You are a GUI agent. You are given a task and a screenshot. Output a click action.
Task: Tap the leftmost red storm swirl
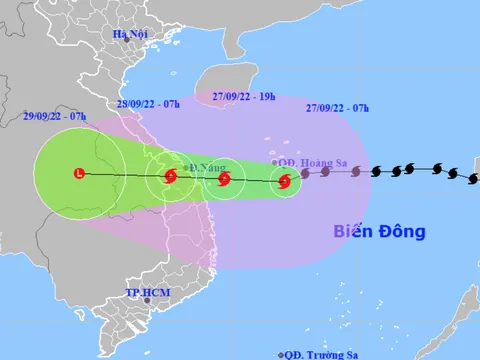click(168, 178)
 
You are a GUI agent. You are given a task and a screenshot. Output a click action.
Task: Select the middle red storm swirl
click(224, 180)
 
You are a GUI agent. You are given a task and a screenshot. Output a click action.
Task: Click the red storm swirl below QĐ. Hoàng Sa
click(284, 182)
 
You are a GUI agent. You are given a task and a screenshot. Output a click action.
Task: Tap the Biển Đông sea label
click(379, 232)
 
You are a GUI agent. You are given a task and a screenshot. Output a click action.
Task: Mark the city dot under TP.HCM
click(140, 305)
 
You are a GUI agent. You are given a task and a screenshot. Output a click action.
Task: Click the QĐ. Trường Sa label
click(320, 354)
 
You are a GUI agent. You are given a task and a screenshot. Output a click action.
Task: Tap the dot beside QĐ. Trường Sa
click(281, 354)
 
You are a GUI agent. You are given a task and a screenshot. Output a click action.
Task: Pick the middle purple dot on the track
click(328, 172)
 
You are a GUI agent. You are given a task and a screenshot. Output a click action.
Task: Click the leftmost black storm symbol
click(377, 171)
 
